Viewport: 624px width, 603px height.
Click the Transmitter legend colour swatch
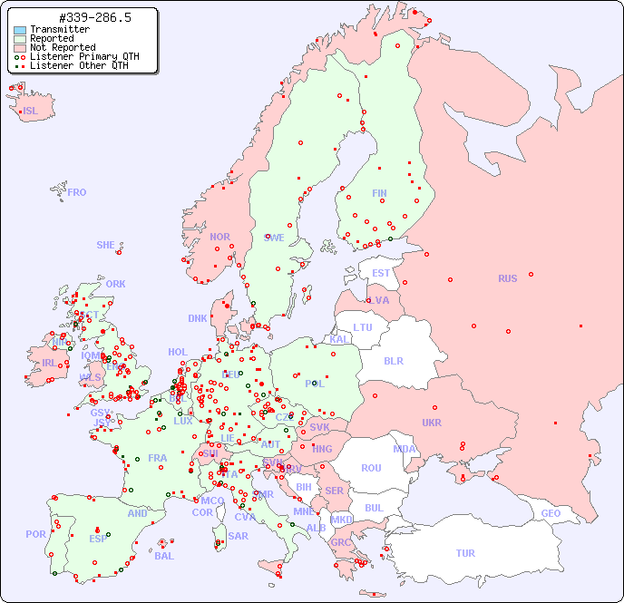tap(20, 30)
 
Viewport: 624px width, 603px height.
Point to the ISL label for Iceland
tap(31, 112)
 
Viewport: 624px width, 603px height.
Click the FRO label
tap(77, 192)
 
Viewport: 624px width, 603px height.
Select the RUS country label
tap(507, 278)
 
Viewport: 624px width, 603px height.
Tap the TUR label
tap(465, 553)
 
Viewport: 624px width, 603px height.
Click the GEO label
tap(551, 513)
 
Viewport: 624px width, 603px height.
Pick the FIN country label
tap(379, 193)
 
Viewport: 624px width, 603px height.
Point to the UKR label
tap(432, 423)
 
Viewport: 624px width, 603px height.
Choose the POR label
tap(35, 534)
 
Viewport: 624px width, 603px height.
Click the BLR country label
tap(393, 360)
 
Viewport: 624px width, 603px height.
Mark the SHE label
tap(106, 245)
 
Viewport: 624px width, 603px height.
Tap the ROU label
tap(371, 468)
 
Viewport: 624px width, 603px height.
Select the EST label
tap(381, 273)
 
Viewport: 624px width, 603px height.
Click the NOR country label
tap(219, 237)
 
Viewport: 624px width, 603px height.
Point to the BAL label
tap(163, 556)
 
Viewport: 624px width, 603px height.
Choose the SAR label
tap(238, 536)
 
